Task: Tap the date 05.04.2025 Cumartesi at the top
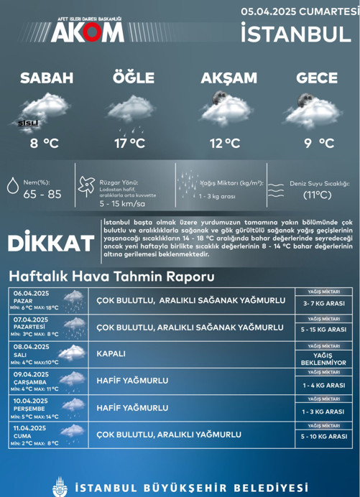(x=300, y=11)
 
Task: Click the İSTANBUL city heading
(x=300, y=33)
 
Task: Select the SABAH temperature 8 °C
(x=44, y=144)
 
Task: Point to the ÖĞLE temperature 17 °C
(x=129, y=144)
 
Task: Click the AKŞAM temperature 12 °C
(x=224, y=144)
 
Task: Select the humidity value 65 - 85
(x=42, y=194)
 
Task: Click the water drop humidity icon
(x=13, y=185)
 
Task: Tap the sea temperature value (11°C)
(x=316, y=195)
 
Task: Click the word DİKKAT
(x=51, y=243)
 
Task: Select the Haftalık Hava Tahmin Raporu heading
(x=111, y=277)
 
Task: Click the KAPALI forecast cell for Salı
(x=111, y=354)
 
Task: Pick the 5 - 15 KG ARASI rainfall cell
(x=324, y=330)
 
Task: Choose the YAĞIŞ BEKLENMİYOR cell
(x=324, y=359)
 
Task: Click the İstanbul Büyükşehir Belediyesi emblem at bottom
(x=60, y=486)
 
